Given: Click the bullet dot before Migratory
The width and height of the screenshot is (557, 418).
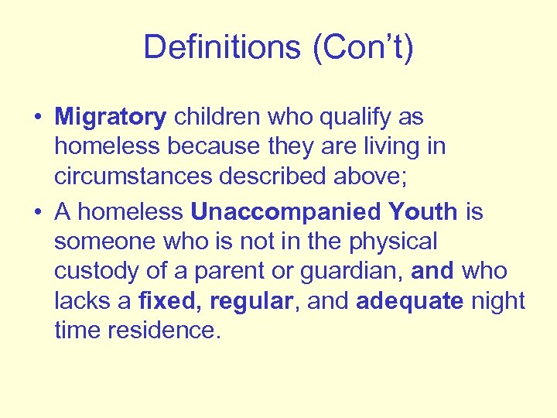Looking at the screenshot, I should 37,118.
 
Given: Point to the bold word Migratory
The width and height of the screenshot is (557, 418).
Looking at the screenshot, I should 111,118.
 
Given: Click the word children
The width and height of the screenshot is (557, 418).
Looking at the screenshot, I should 217,118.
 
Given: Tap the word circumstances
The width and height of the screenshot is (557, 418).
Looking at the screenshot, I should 135,176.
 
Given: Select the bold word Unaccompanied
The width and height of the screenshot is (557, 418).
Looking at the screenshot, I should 285,212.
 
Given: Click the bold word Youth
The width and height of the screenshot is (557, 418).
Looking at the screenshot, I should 422,212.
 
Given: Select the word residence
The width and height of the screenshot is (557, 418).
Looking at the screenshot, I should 165,330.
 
